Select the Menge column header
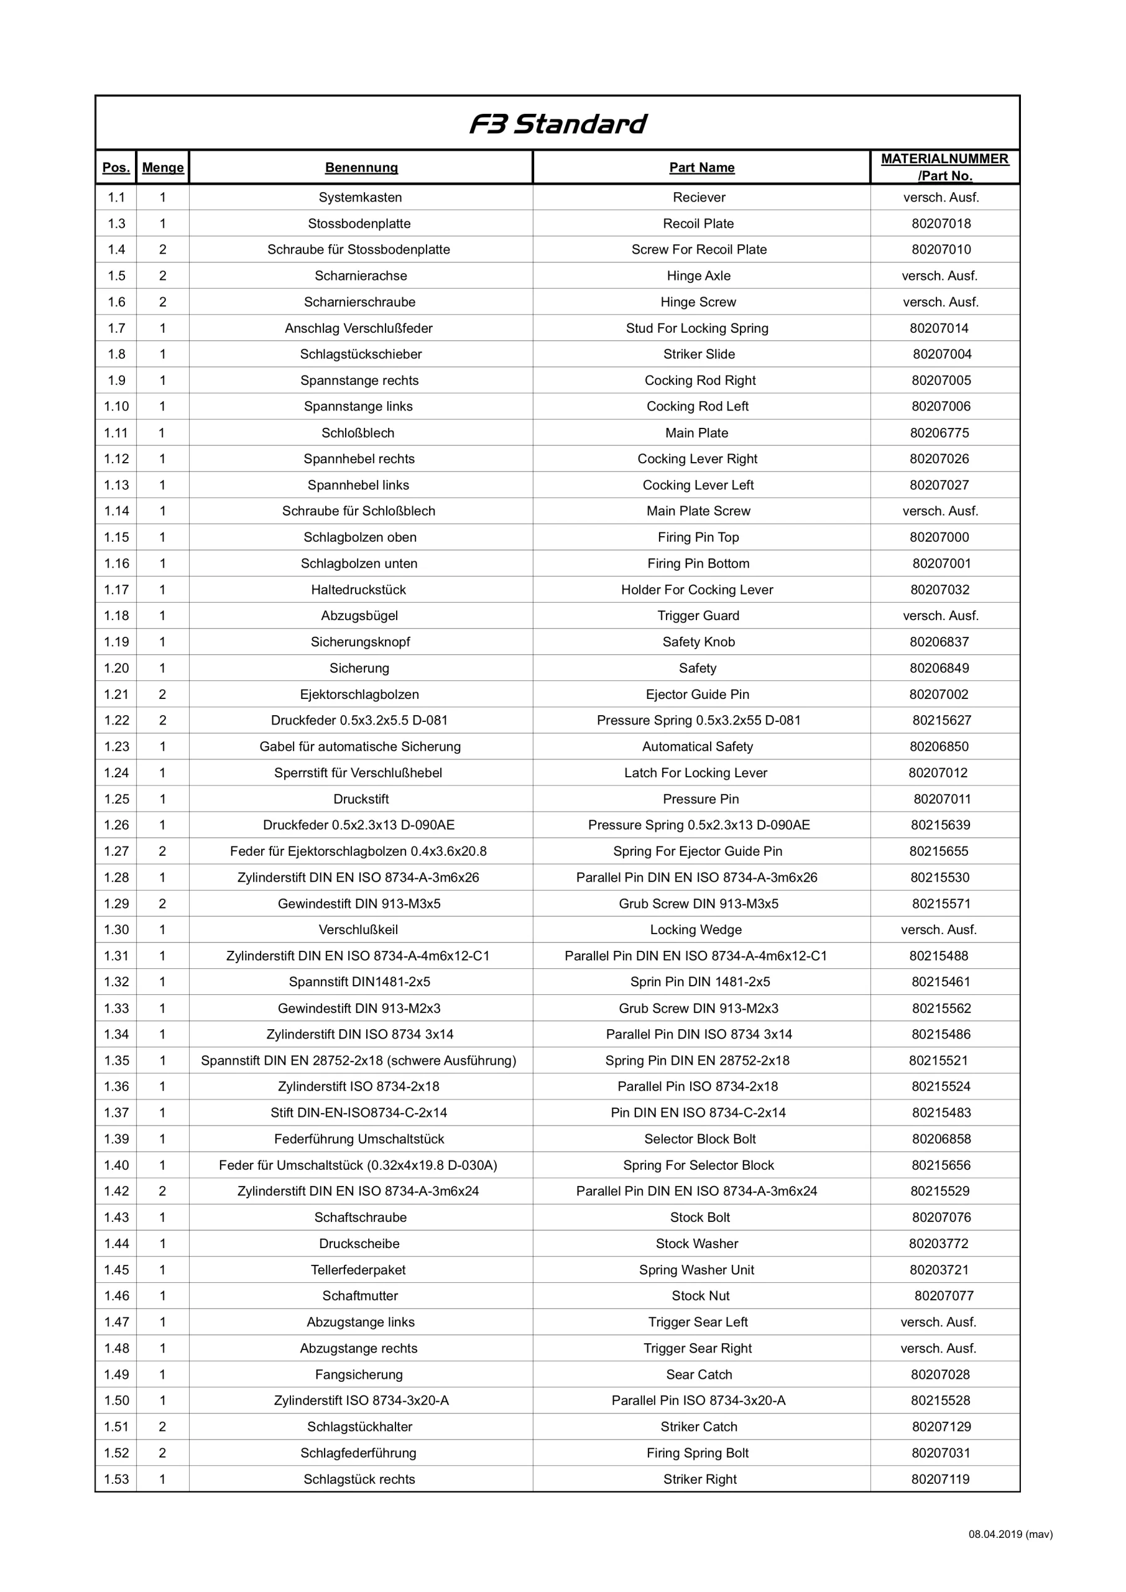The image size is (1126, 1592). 163,167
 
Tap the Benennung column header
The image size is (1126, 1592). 361,167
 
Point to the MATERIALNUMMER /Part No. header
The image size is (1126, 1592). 944,167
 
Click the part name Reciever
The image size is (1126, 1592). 699,198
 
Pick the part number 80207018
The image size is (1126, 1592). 941,223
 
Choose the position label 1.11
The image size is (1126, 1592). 116,433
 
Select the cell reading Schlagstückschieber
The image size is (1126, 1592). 361,354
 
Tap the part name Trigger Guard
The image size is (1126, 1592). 698,616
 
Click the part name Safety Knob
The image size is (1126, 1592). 698,642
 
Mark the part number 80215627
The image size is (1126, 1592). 941,720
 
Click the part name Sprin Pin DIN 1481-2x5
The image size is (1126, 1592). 699,982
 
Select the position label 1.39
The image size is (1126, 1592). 116,1139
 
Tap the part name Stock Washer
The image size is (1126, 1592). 697,1244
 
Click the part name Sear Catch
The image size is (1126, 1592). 699,1374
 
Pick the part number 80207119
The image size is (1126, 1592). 940,1479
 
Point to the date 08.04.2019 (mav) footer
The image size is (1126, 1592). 1010,1534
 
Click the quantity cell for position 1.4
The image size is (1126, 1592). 163,249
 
